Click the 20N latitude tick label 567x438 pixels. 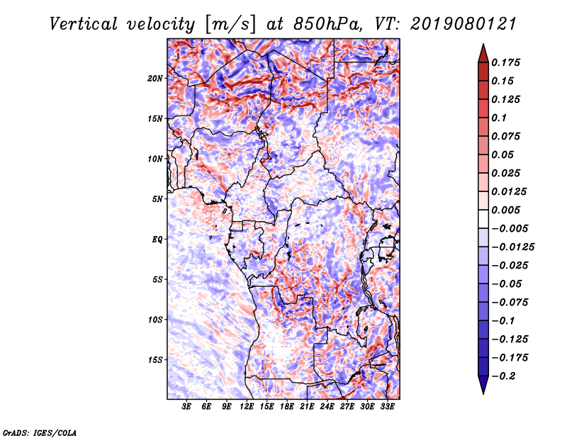pyautogui.click(x=155, y=78)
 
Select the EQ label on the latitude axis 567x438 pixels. pyautogui.click(x=157, y=240)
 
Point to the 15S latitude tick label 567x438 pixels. pyautogui.click(x=155, y=360)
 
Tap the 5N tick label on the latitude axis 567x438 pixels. pyautogui.click(x=157, y=199)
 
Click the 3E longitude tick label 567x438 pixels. pyautogui.click(x=187, y=407)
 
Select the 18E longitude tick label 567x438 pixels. pyautogui.click(x=287, y=407)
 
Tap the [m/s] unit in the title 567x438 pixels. pyautogui.click(x=229, y=24)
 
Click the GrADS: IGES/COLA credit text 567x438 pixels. pyautogui.click(x=39, y=432)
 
